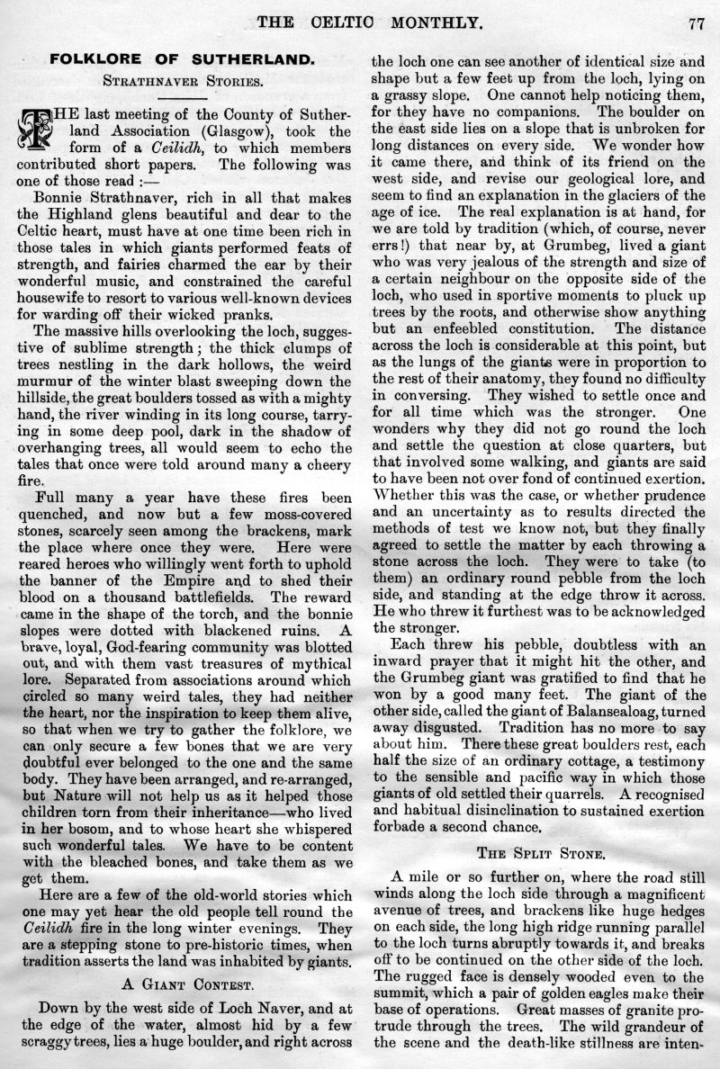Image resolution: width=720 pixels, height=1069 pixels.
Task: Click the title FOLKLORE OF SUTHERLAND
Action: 182,59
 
